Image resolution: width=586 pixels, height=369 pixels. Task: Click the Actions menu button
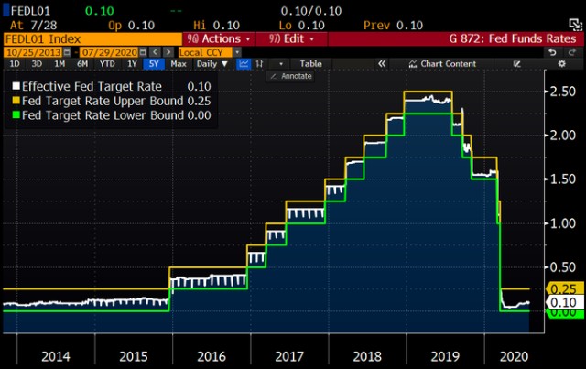coord(218,39)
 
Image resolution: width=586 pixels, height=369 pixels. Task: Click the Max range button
coord(179,63)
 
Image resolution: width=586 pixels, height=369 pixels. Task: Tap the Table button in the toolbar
coord(311,63)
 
